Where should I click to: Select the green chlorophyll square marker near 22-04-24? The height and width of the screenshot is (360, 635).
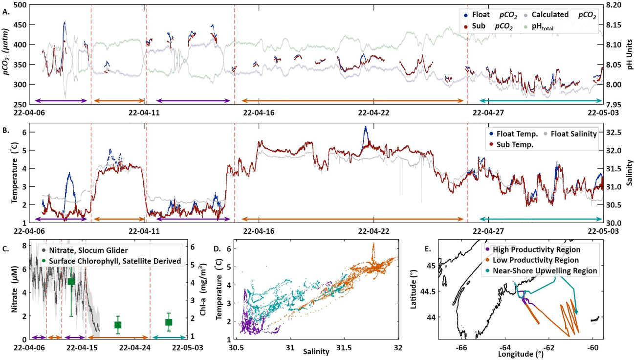point(118,325)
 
